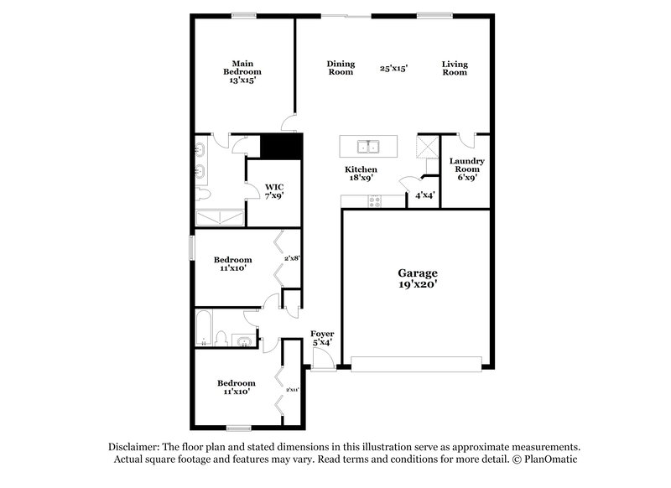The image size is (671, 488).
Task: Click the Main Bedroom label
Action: pyautogui.click(x=242, y=71)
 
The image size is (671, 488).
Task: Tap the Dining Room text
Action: pyautogui.click(x=341, y=68)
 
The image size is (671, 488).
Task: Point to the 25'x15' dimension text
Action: pyautogui.click(x=393, y=69)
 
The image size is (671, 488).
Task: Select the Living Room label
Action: pyautogui.click(x=455, y=68)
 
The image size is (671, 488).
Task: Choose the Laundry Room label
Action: pyautogui.click(x=466, y=169)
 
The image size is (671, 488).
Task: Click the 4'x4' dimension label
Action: pyautogui.click(x=424, y=196)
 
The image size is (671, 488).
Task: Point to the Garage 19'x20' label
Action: pyautogui.click(x=417, y=279)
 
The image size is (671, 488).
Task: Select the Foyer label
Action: pyautogui.click(x=322, y=338)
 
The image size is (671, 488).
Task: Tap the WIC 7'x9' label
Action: pyautogui.click(x=274, y=191)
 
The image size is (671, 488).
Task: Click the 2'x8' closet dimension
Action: pyautogui.click(x=292, y=259)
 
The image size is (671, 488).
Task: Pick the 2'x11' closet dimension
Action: pyautogui.click(x=292, y=389)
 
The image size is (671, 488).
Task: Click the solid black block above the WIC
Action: pyautogui.click(x=280, y=147)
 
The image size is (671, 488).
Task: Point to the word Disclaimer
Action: pyautogui.click(x=138, y=447)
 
